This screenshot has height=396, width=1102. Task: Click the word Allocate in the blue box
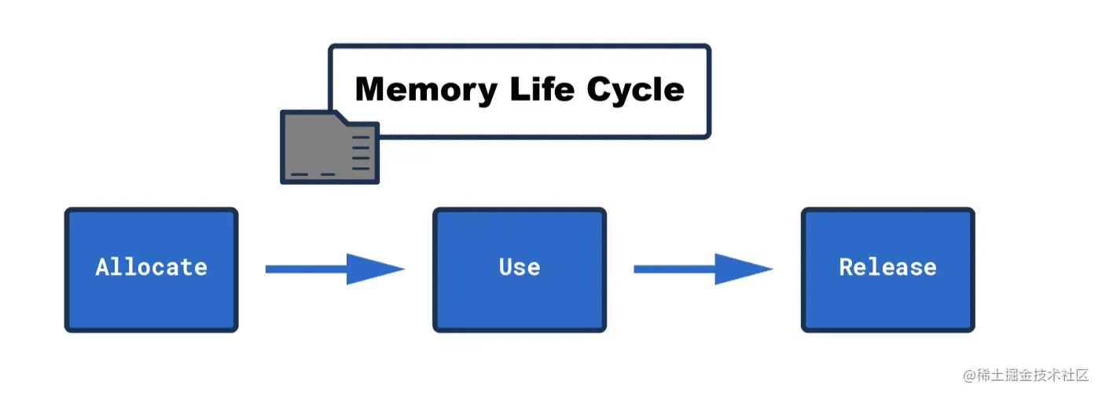click(x=151, y=267)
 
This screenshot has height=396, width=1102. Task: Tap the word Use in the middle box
click(x=520, y=267)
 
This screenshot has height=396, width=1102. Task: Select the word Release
click(x=887, y=267)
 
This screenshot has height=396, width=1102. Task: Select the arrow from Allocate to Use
click(x=334, y=269)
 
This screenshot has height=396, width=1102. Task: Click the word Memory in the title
click(x=425, y=90)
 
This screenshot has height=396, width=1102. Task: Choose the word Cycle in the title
click(x=636, y=90)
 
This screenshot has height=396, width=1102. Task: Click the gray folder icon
click(x=322, y=149)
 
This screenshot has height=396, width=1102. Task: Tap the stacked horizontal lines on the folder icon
click(x=361, y=152)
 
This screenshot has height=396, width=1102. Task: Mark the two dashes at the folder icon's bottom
click(x=312, y=174)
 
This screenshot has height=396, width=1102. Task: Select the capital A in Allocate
click(x=102, y=267)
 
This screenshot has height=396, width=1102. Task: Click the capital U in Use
click(x=506, y=267)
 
